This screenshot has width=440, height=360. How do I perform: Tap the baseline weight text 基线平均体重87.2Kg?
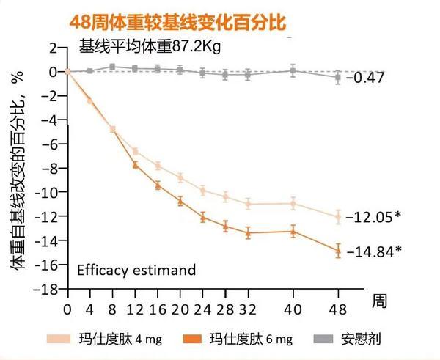(150, 48)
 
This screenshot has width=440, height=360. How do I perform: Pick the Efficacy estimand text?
(136, 270)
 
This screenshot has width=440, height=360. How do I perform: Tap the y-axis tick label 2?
(52, 48)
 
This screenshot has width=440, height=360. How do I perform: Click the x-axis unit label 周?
(378, 301)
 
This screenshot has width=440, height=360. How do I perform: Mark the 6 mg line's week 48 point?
(337, 251)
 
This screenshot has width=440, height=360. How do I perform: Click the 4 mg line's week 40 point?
(293, 203)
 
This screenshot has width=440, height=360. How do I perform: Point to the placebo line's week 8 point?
(112, 67)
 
